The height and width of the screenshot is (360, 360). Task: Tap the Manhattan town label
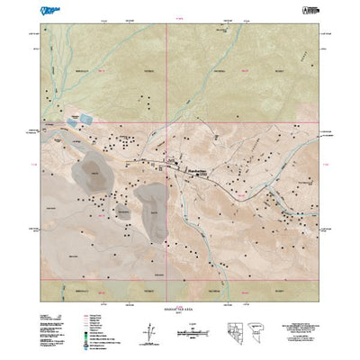click(198, 168)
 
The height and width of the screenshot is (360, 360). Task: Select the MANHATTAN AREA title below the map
click(180, 309)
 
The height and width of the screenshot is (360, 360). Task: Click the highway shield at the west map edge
click(42, 131)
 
